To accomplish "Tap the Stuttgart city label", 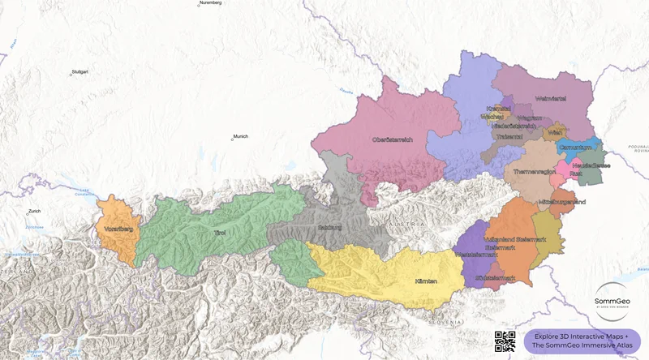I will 80,72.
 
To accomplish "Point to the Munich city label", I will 241,136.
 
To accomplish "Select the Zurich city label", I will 33,212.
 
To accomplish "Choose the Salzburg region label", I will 331,228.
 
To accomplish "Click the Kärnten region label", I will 426,281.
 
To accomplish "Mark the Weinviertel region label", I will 550,99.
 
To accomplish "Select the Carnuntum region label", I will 575,148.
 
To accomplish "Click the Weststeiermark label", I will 476,254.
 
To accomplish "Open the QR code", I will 505,342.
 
